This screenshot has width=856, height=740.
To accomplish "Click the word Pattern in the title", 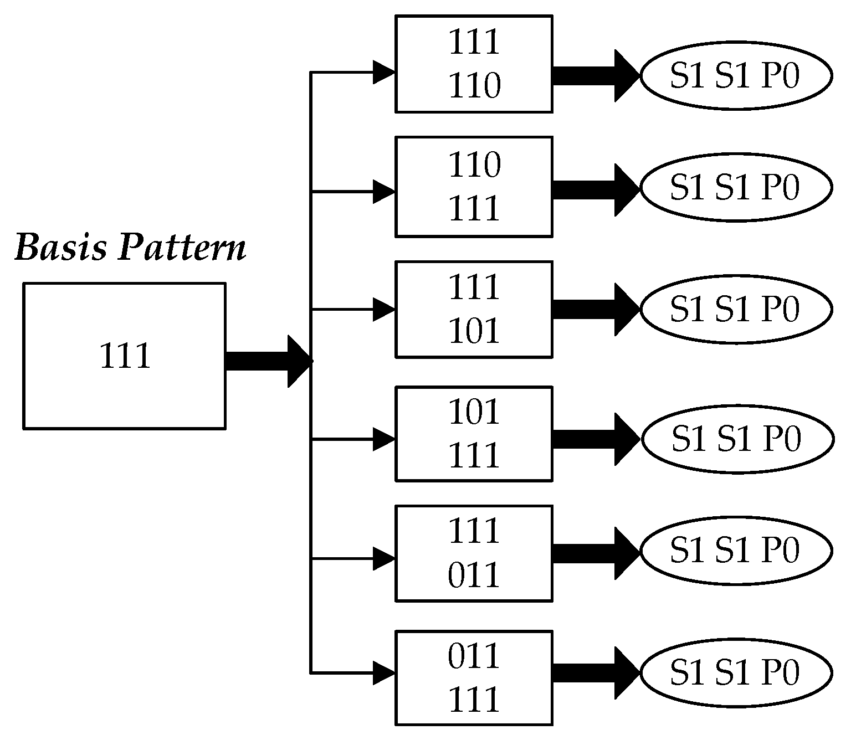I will (182, 248).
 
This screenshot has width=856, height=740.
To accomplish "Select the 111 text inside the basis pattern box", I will (125, 356).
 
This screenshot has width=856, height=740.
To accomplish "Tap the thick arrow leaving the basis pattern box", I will (266, 361).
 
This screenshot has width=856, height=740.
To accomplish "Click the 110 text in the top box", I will (474, 86).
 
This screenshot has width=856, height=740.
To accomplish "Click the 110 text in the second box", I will (474, 165).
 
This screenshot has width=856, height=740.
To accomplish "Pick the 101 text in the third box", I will (474, 331).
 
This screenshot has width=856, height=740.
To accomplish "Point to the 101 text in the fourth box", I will (474, 412).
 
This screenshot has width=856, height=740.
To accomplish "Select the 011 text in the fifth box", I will (474, 575).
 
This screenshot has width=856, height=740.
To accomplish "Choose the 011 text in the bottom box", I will (474, 657).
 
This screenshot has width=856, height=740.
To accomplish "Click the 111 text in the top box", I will (474, 42).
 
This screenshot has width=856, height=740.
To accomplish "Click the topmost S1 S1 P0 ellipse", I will (736, 76).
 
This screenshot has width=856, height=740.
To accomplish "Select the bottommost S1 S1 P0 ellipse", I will (736, 672).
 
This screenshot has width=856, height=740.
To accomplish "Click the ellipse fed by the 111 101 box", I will (736, 309).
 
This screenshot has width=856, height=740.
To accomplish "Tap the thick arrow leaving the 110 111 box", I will (596, 189).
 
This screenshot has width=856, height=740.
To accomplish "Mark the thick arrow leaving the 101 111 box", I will (596, 439).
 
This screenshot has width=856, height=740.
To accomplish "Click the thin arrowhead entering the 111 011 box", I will (383, 558).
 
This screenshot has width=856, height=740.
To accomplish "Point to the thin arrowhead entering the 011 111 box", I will (383, 672).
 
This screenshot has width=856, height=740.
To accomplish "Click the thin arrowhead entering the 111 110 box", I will (383, 72).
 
